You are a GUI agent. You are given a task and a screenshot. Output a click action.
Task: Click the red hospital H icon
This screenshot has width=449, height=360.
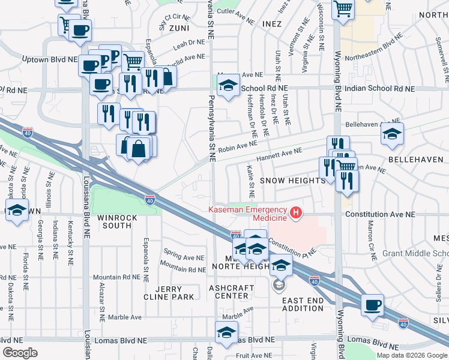tap(295, 213)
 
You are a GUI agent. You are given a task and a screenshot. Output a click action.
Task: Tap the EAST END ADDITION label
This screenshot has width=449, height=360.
tap(303, 304)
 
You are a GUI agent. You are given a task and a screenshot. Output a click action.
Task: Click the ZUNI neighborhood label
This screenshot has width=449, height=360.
tap(179, 28)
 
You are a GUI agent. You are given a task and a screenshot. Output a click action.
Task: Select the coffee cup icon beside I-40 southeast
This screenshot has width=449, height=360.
tap(373, 305)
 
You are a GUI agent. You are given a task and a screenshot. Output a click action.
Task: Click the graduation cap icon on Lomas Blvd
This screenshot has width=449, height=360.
tap(226, 332)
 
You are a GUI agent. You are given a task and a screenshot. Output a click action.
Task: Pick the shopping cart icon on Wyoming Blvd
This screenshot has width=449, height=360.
tap(343, 9)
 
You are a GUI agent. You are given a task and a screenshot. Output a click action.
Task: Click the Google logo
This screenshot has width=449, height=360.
tap(20, 353)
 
